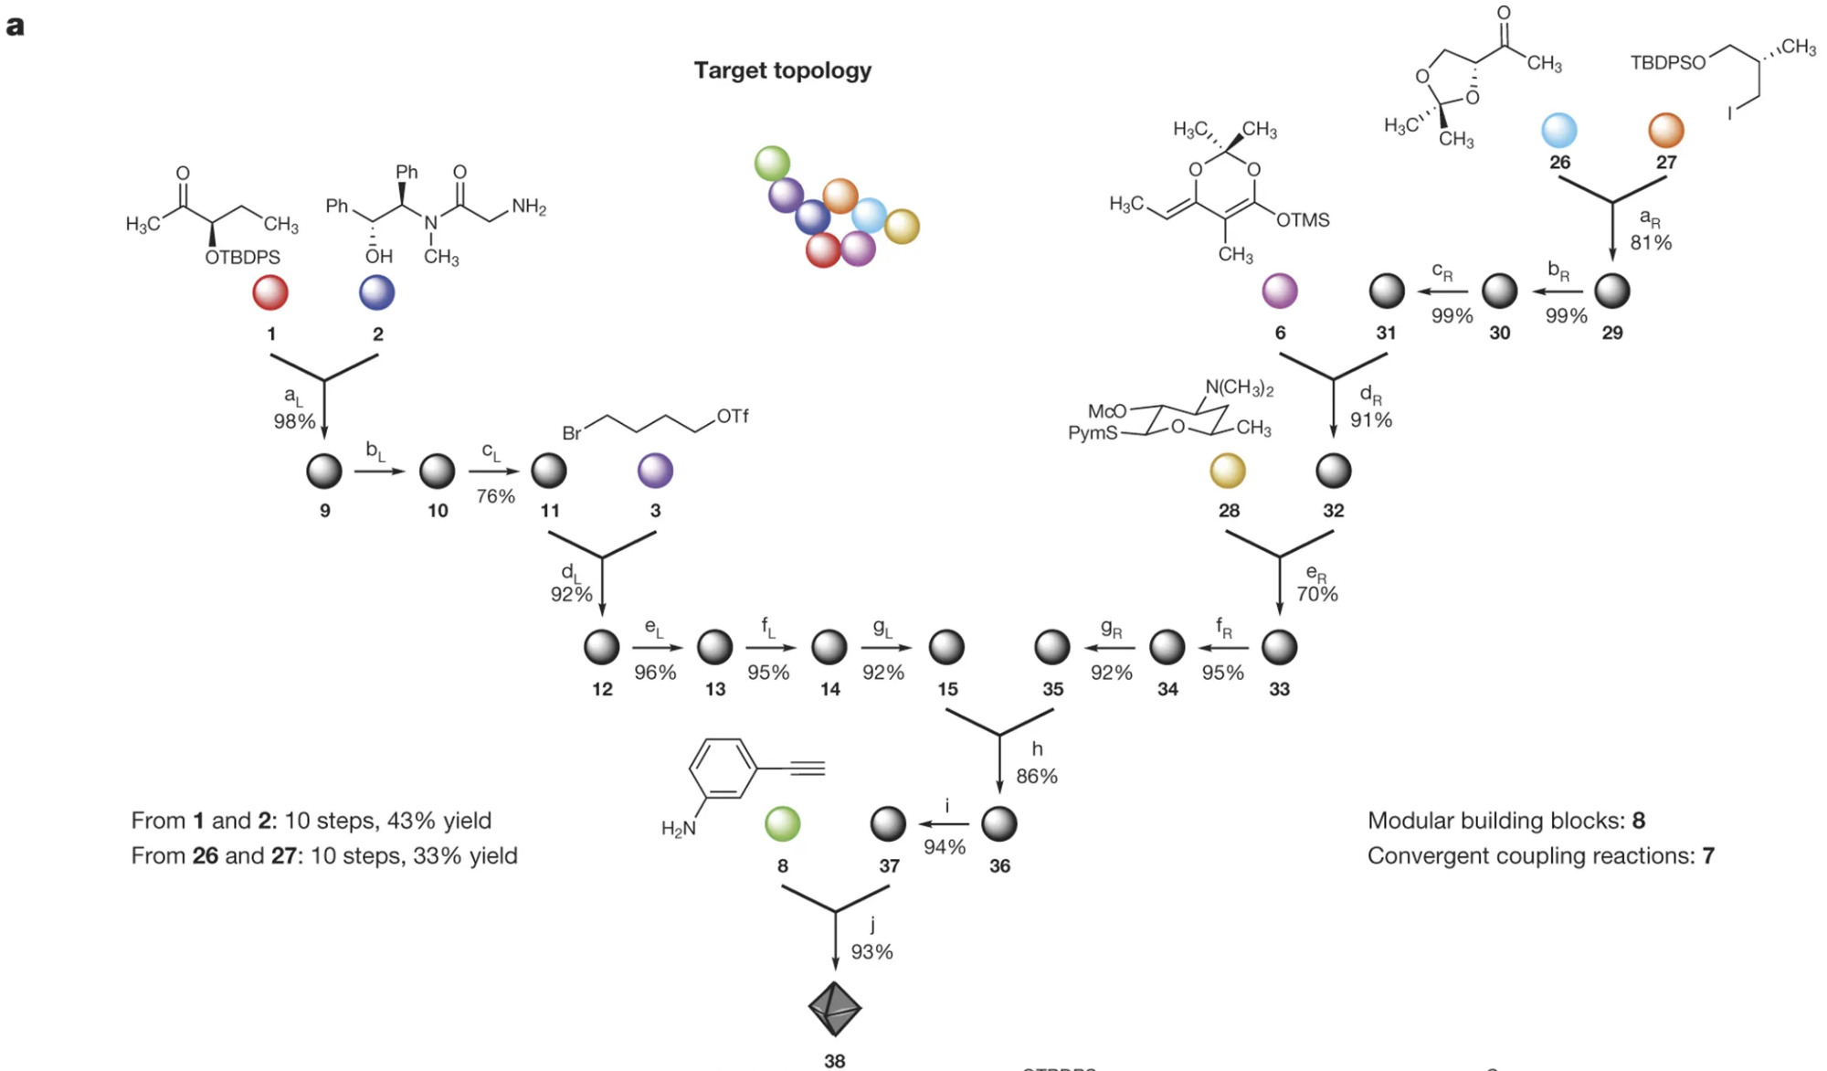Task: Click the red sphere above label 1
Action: tap(270, 292)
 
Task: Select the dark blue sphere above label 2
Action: tap(376, 292)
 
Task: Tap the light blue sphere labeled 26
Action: tap(1559, 131)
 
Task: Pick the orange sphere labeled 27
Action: tap(1666, 131)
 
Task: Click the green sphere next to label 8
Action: tap(783, 823)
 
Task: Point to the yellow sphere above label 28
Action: tap(1228, 471)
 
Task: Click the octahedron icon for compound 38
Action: tap(834, 1010)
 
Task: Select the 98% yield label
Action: tap(294, 421)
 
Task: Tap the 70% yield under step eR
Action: tap(1317, 594)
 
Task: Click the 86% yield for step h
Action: tap(1037, 776)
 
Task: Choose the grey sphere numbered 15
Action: tap(946, 647)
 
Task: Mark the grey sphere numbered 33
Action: tap(1279, 647)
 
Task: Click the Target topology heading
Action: tap(782, 70)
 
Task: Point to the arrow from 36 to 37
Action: tap(945, 824)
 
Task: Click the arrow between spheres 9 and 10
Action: tap(379, 472)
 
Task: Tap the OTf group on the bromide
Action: tap(733, 417)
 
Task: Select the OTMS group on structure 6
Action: tap(1303, 220)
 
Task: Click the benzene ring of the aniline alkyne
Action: tap(723, 769)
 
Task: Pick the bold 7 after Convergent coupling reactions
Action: tap(1708, 855)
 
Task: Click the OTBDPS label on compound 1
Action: tap(242, 258)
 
